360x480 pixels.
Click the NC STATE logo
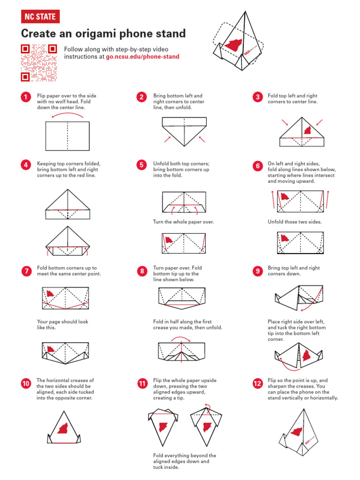[x=40, y=17]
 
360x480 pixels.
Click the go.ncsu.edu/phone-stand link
[x=142, y=56]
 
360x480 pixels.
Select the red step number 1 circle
[x=25, y=97]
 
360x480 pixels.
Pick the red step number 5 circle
[x=142, y=165]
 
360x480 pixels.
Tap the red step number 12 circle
[x=257, y=383]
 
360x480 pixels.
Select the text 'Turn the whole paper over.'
[x=183, y=222]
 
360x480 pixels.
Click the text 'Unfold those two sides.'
[x=295, y=222]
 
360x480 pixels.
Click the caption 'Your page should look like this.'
[x=62, y=324]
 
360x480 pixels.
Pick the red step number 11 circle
[x=142, y=383]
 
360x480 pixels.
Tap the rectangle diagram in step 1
[x=67, y=136]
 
